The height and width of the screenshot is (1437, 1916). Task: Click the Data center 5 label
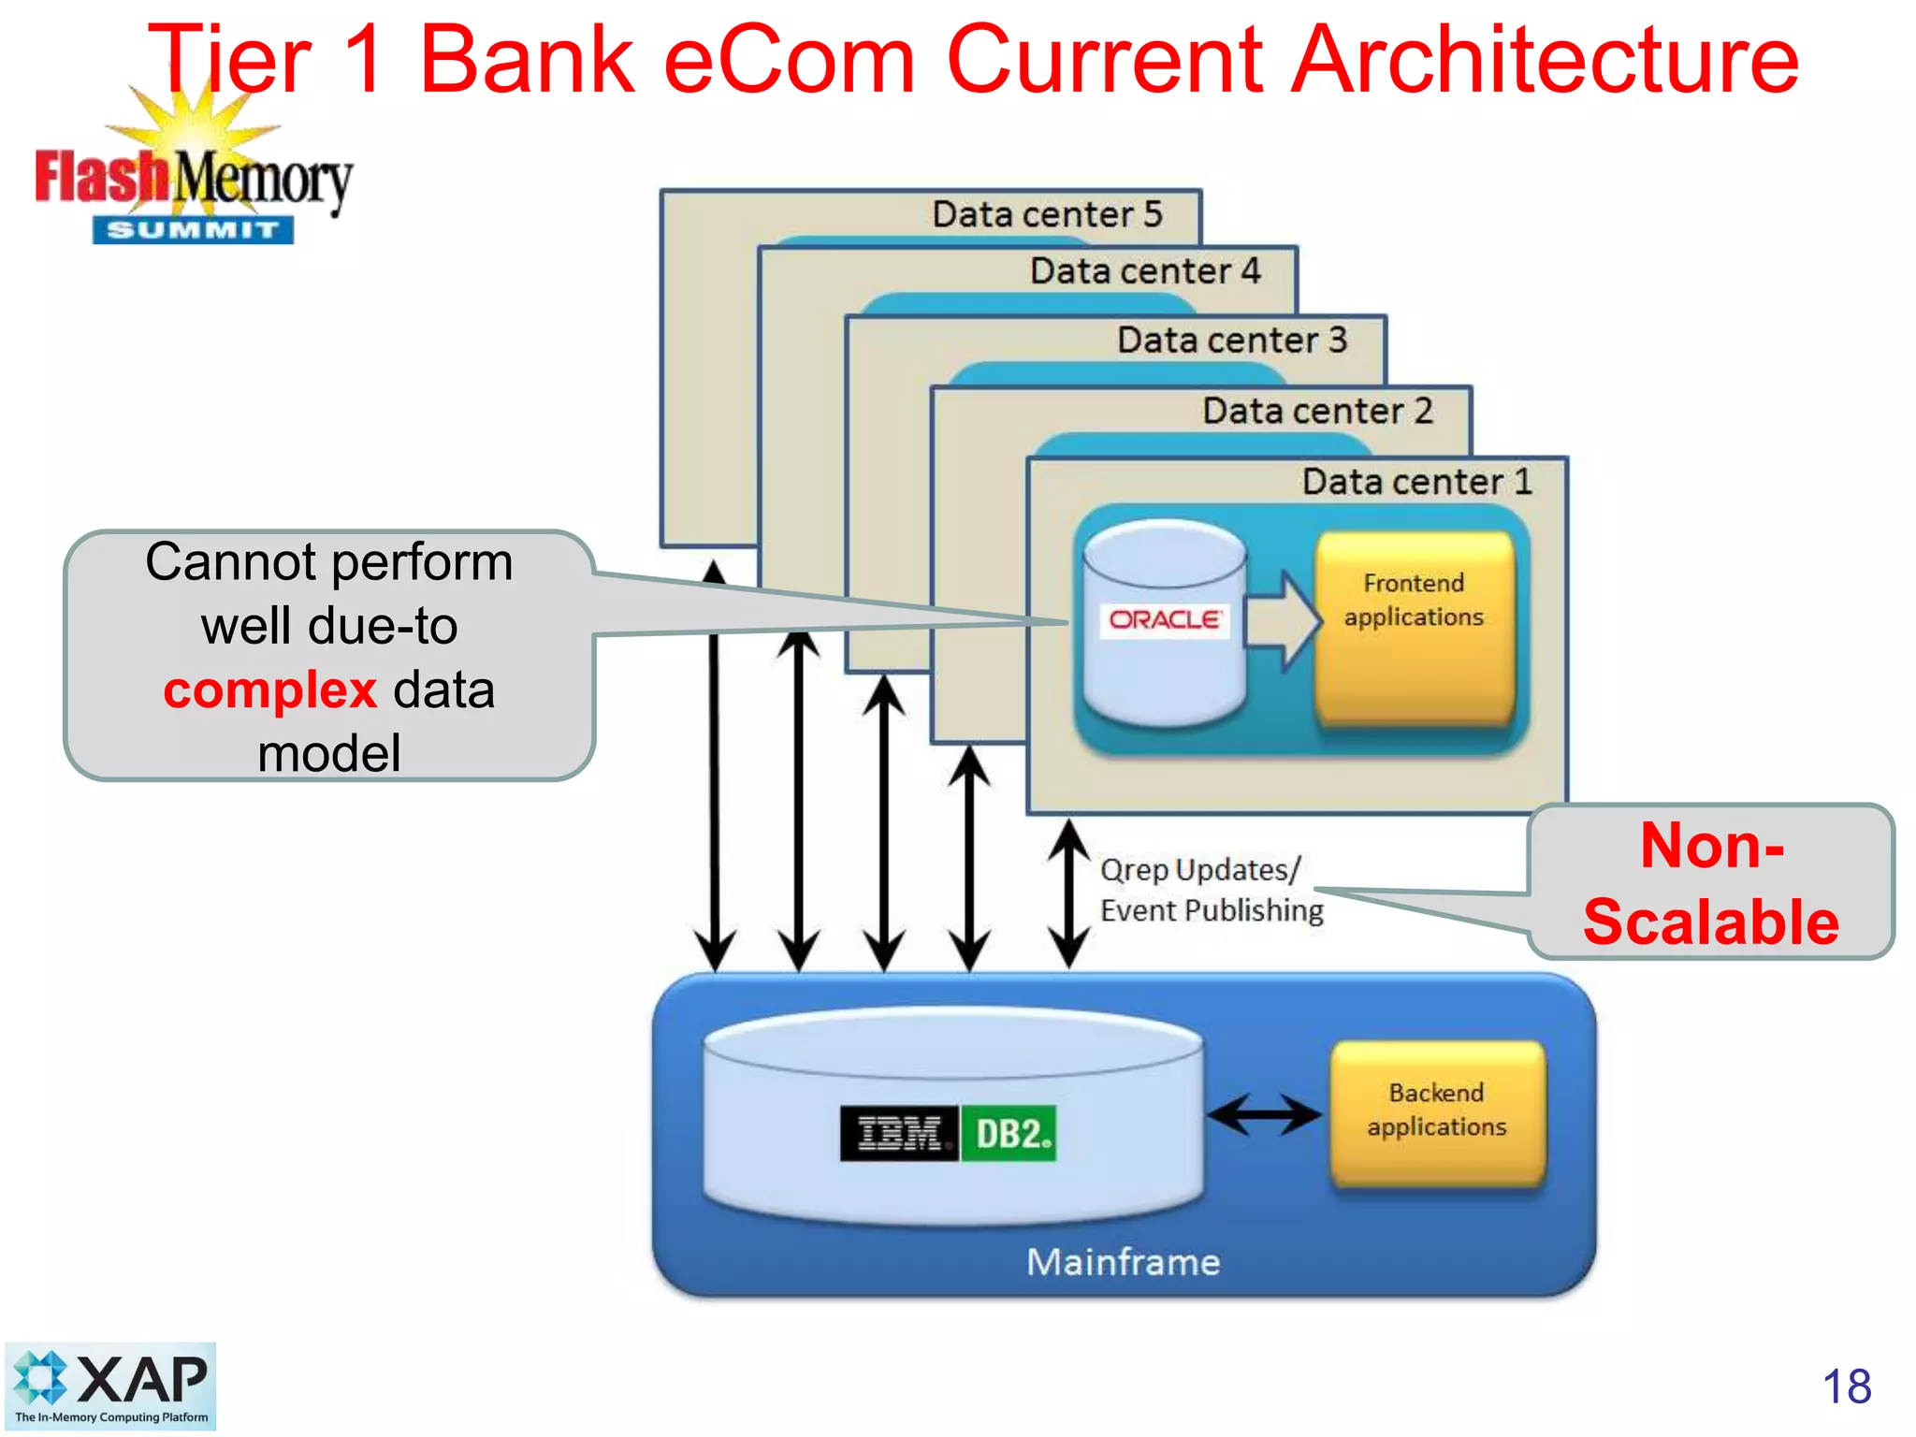(1047, 214)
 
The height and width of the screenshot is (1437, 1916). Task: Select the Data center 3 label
(1231, 340)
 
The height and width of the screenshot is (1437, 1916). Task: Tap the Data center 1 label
(1416, 482)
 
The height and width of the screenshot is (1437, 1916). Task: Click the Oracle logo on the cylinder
(1165, 619)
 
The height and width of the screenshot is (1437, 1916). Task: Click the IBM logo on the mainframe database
(899, 1134)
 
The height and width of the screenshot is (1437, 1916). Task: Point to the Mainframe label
(1124, 1262)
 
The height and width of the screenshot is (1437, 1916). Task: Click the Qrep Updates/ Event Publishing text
(1210, 890)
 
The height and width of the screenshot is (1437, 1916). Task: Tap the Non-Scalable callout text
(1711, 883)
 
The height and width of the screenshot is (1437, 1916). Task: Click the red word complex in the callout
(269, 690)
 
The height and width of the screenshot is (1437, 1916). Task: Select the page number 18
(1846, 1386)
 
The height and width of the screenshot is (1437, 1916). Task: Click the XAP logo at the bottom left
(110, 1386)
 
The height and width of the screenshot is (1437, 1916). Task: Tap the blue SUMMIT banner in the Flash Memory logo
(193, 230)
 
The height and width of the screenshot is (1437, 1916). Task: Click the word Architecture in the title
(1543, 60)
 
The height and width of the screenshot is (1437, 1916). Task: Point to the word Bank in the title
(527, 60)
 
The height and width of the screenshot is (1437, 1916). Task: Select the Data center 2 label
(1317, 411)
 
